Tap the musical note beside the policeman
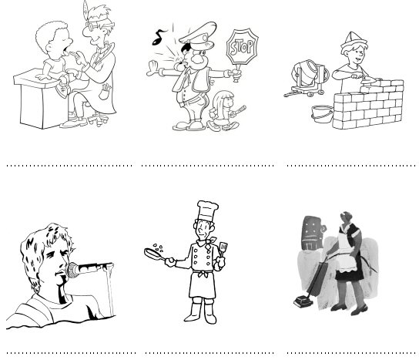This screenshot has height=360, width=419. click(x=159, y=37)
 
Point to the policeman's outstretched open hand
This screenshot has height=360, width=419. click(x=153, y=69)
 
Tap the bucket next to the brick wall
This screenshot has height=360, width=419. click(x=322, y=114)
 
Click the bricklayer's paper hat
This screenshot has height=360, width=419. click(x=354, y=41)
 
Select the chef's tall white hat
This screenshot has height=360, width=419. click(x=207, y=210)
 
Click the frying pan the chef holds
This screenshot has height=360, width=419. click(x=155, y=254)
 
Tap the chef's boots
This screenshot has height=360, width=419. click(x=201, y=311)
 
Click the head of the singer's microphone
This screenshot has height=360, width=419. click(x=72, y=270)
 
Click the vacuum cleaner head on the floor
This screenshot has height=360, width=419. click(x=303, y=302)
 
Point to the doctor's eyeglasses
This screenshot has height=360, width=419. click(x=99, y=25)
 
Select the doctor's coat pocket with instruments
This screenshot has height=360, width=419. click(x=105, y=92)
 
